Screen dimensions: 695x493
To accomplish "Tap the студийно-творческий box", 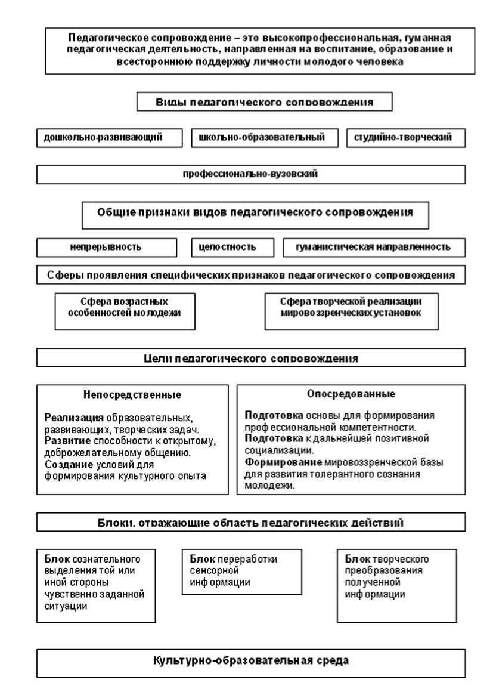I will (405, 138).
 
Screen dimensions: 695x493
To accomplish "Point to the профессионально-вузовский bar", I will (250, 174).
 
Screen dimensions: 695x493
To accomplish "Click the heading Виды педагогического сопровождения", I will (265, 102).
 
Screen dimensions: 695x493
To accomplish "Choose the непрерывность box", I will (107, 247).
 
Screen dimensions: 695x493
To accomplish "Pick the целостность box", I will (232, 247).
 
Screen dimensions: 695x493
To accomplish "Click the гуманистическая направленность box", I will (373, 247).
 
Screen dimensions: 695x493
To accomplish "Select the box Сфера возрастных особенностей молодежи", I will (125, 311).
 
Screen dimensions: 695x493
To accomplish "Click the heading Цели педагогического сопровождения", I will (250, 358).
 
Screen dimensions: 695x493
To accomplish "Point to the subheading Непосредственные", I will (132, 395).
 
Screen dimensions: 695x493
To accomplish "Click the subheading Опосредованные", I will (351, 394).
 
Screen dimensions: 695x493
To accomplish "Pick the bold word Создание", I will (64, 464).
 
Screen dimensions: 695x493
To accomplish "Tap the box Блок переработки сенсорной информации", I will (241, 572).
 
